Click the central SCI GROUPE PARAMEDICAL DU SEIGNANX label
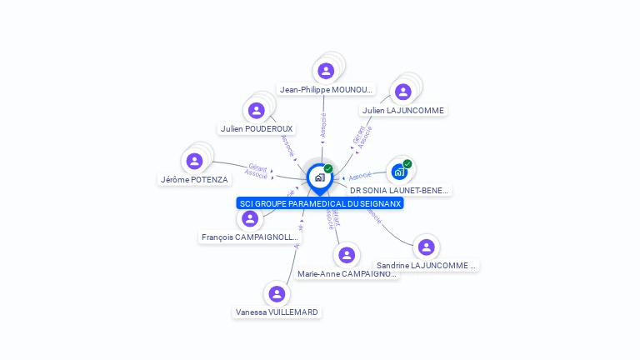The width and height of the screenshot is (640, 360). coord(320,203)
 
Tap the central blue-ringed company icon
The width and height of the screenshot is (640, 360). coord(320,177)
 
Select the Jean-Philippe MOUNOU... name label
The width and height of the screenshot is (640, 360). coord(326,89)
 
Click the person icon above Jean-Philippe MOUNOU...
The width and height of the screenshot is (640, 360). coord(326,71)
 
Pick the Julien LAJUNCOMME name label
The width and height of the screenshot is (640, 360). coord(403,110)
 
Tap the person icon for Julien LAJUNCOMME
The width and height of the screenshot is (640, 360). coord(403,92)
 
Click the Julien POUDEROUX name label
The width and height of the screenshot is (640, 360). coord(257,128)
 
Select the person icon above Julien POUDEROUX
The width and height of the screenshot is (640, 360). coord(257,110)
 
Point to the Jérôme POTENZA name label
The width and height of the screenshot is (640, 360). coord(194,179)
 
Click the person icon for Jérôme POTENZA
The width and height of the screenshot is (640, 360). coord(194,161)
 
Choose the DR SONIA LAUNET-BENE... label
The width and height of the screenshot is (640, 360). coord(399,190)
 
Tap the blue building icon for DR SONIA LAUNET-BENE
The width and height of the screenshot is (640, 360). coord(399,172)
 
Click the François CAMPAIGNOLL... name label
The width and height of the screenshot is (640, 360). coord(249,237)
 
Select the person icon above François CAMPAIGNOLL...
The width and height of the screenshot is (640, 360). coord(249,219)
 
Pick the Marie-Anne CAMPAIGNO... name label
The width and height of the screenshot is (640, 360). coord(347,273)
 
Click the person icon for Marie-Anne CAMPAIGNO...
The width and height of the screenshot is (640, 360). coord(347,255)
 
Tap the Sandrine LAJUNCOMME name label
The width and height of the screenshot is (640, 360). coord(426,265)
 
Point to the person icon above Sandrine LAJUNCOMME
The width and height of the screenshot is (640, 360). coord(426,247)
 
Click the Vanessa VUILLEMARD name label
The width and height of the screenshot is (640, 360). coord(277,312)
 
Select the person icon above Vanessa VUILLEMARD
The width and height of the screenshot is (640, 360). coord(277,293)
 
